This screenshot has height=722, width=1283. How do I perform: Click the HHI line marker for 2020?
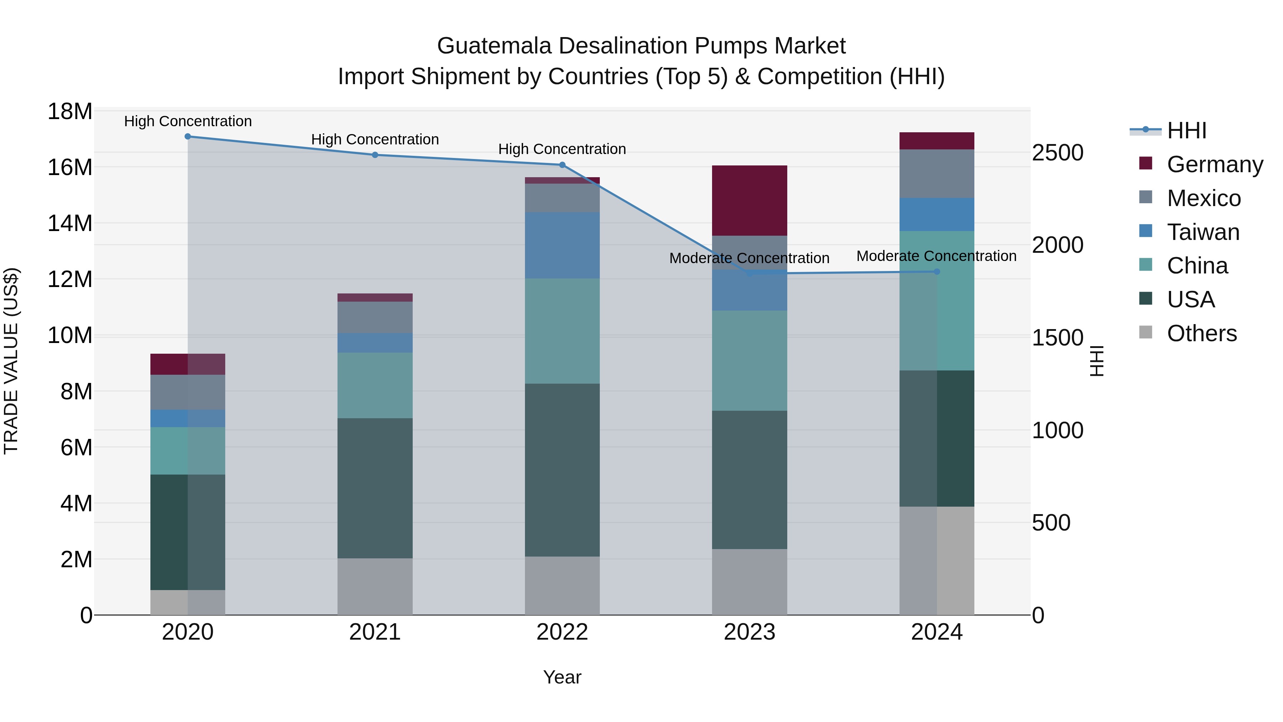pos(188,137)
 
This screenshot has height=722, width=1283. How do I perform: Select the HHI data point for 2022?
pos(562,165)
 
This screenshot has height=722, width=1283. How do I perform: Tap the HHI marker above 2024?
pos(937,272)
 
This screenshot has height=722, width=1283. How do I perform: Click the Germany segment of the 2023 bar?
pos(749,200)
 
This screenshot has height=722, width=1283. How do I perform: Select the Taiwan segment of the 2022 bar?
pos(562,245)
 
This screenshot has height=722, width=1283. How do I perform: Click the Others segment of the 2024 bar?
pos(937,560)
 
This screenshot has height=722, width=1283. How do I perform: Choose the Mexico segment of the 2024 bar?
pos(937,173)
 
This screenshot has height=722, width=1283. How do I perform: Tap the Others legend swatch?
pos(1145,332)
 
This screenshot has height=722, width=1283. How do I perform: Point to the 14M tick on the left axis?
pos(70,223)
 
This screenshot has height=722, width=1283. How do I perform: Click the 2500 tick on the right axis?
pos(1057,153)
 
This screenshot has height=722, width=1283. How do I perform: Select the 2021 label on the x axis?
pos(375,632)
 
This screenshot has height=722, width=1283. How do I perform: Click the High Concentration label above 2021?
pos(375,139)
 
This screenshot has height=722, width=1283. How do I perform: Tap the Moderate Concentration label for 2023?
pos(749,258)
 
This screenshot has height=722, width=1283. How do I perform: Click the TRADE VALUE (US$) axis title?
pos(11,361)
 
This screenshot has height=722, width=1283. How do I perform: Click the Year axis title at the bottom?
pos(562,677)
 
